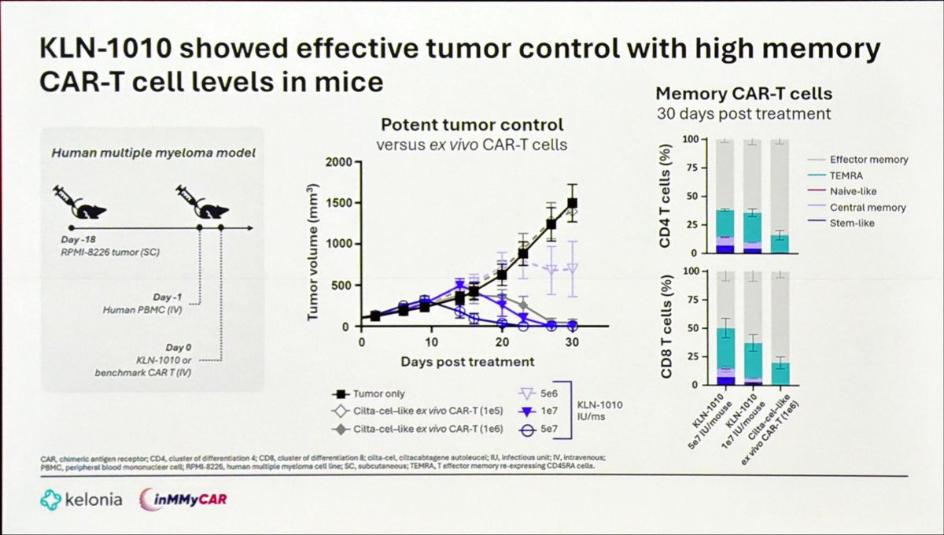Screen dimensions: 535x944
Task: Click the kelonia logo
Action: (x=81, y=500)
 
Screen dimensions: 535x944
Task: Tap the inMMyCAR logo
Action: (x=185, y=500)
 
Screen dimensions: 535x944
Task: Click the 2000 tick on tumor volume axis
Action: (x=341, y=162)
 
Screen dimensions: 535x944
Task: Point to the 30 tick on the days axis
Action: (x=573, y=342)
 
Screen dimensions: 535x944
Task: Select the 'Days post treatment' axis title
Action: (x=467, y=362)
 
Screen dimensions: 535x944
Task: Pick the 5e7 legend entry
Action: (x=538, y=429)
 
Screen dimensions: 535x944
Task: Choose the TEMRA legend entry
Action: (x=846, y=175)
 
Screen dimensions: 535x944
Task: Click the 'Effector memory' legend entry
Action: (x=868, y=160)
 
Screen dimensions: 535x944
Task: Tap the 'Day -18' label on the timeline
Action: (x=78, y=239)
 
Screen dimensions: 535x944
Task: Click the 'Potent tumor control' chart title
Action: (x=472, y=124)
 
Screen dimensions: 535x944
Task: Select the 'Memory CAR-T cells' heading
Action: (x=744, y=94)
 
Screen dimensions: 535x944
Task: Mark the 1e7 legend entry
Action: (x=538, y=411)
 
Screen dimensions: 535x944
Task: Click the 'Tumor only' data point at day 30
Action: (x=573, y=203)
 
